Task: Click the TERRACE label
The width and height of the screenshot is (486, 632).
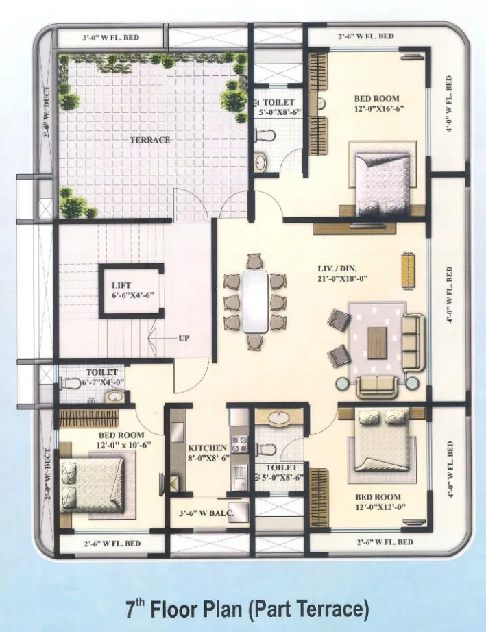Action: click(150, 140)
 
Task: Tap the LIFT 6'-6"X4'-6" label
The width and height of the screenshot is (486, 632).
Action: click(133, 291)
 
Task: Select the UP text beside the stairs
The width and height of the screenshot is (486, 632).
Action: click(184, 339)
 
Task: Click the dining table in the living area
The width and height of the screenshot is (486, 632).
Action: click(254, 301)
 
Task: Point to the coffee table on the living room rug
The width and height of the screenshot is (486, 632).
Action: click(377, 343)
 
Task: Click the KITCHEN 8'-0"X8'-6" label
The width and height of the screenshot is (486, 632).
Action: click(207, 452)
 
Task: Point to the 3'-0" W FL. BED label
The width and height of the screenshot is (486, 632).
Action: click(111, 38)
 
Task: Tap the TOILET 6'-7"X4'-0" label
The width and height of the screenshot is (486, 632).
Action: click(99, 377)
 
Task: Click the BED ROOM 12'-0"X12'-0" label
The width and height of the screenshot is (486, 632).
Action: click(378, 502)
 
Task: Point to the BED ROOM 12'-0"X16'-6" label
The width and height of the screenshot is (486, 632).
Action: click(376, 104)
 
